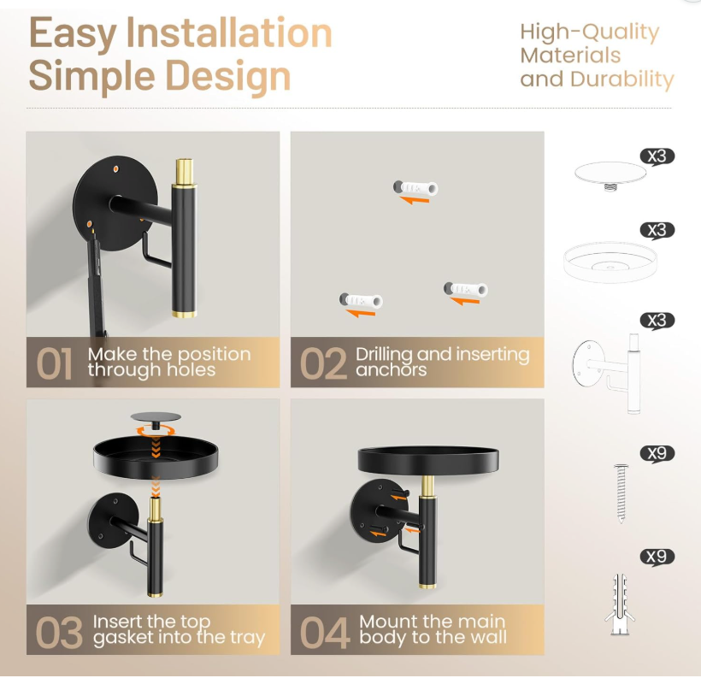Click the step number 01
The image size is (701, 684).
click(x=54, y=363)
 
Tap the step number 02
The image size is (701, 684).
click(x=323, y=363)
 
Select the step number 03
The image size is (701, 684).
click(x=57, y=631)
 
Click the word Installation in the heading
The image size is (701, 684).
click(x=228, y=34)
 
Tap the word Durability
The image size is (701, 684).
click(x=621, y=80)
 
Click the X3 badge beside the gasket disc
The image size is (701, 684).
click(x=657, y=156)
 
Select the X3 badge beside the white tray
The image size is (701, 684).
click(x=657, y=230)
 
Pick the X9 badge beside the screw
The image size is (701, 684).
click(x=657, y=453)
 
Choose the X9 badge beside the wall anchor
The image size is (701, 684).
click(x=657, y=557)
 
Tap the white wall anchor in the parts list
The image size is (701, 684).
click(x=621, y=603)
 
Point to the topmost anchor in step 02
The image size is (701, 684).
click(x=415, y=187)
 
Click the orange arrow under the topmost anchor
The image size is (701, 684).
click(x=415, y=200)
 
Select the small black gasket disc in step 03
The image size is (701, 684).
click(x=156, y=417)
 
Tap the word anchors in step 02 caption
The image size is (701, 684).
click(x=391, y=370)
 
